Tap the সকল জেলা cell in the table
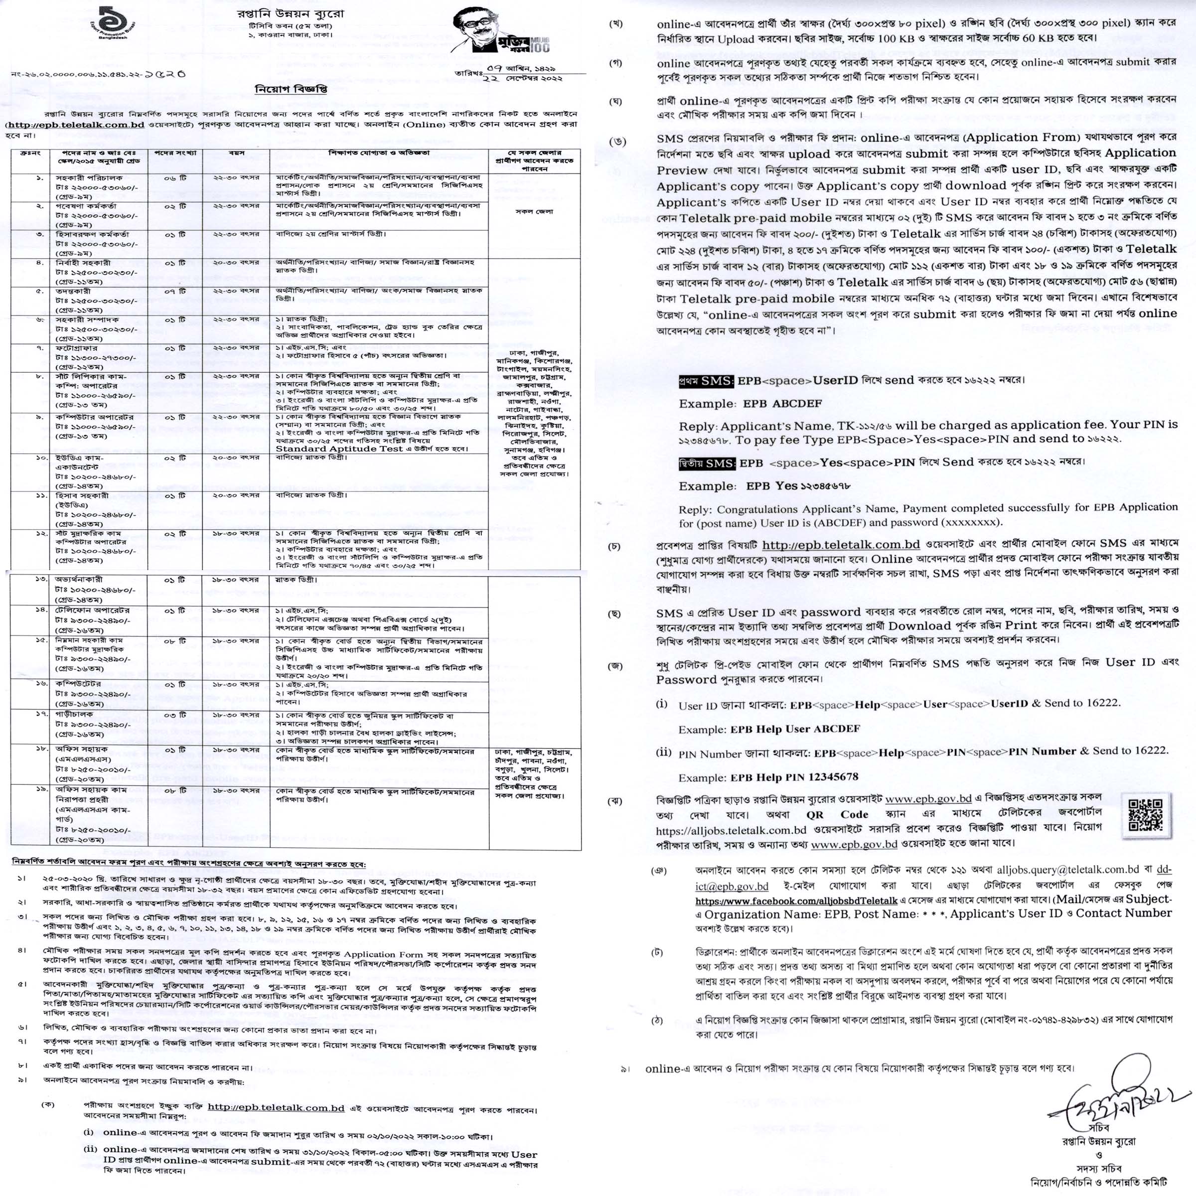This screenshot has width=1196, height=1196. pos(534,212)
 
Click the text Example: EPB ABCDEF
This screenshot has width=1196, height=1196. pos(750,404)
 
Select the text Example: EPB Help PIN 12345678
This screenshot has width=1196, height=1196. pos(768,777)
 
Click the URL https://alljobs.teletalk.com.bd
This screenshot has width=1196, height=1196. pos(731,830)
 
